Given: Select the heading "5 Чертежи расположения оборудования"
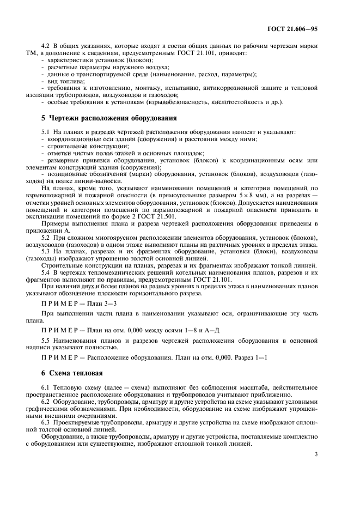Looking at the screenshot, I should point(109,118).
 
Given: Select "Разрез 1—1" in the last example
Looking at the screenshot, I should point(251,357).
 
